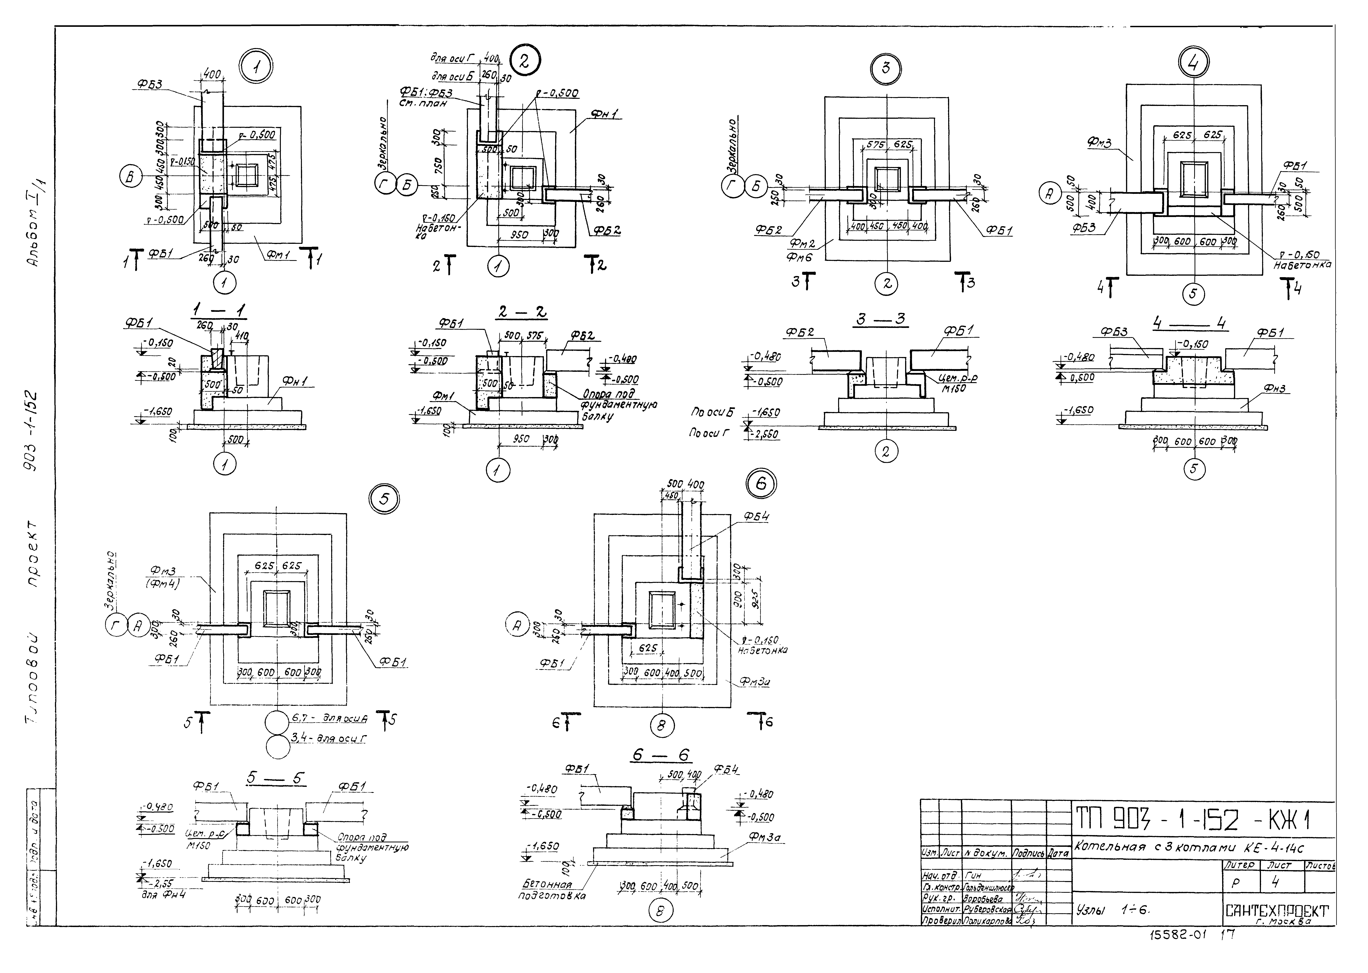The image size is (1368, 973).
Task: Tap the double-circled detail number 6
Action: tap(761, 483)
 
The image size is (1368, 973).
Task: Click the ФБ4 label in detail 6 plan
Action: tap(756, 516)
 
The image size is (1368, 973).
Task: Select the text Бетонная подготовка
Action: tap(551, 890)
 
